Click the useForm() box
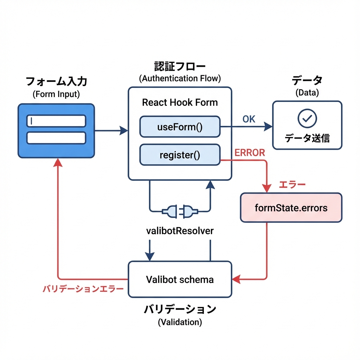(x=180, y=126)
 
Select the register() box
(x=180, y=155)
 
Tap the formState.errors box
(x=291, y=208)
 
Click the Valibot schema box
(x=180, y=279)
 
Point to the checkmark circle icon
(x=307, y=118)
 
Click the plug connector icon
(x=180, y=212)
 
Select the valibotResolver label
(x=180, y=231)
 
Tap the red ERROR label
(x=250, y=153)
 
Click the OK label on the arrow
(x=249, y=119)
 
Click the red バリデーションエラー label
(x=83, y=289)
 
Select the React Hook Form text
(x=180, y=102)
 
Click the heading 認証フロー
(x=180, y=66)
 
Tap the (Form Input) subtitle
(x=56, y=94)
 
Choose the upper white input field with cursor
(x=56, y=121)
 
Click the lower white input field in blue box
(x=56, y=138)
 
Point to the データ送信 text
(x=307, y=138)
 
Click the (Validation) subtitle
(x=180, y=322)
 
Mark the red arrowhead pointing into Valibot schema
(x=236, y=279)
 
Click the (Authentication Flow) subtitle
(x=180, y=78)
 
